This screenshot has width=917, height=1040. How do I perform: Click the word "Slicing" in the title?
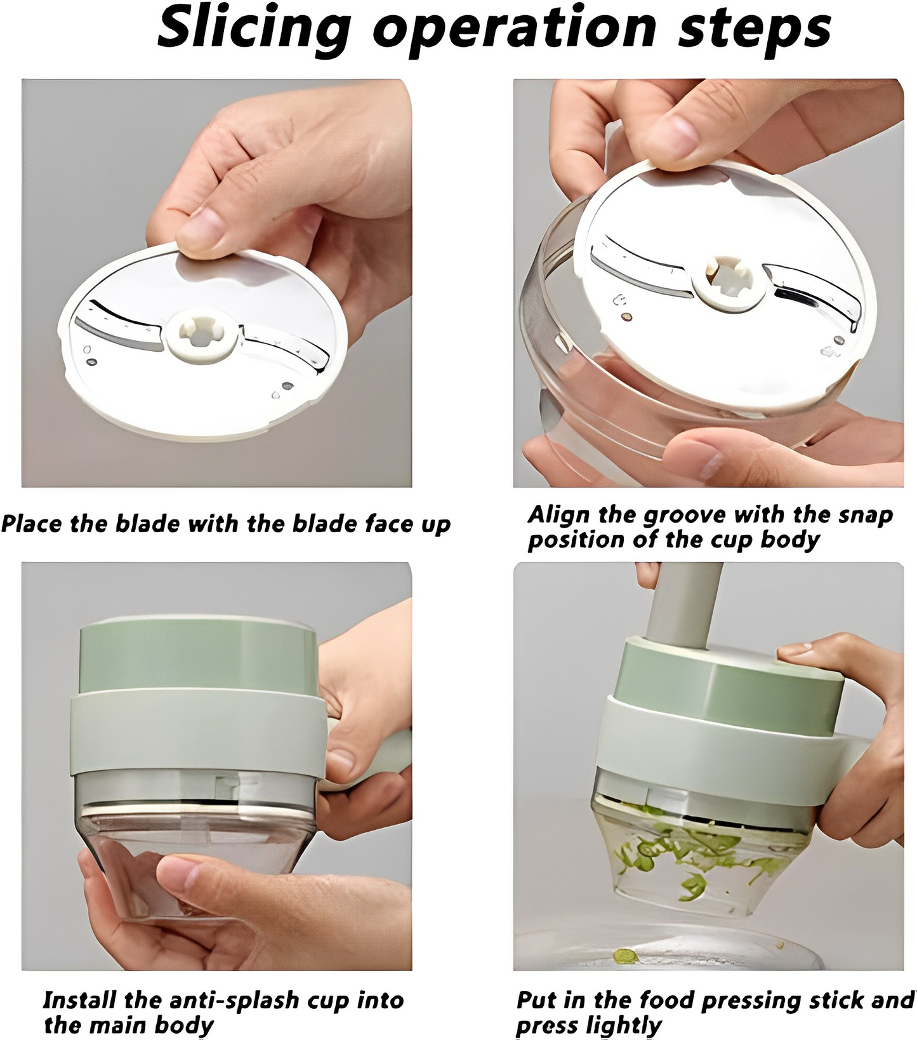pyautogui.click(x=254, y=29)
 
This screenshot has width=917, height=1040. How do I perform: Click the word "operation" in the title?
pyautogui.click(x=514, y=29)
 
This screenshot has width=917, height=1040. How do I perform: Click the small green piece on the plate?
pyautogui.click(x=625, y=955)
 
